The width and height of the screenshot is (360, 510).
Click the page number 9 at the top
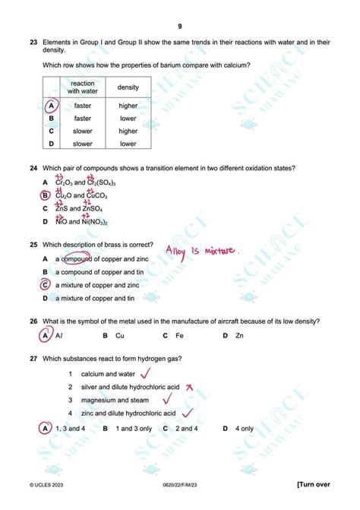180,26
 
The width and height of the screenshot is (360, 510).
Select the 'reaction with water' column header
83,87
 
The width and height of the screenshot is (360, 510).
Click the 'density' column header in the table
128,87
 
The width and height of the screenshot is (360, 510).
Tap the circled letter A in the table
51,106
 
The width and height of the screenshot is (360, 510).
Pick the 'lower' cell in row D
128,144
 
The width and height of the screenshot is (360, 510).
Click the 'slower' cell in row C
83,131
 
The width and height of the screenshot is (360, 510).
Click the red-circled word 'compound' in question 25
76,258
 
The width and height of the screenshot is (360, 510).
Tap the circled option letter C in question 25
46,285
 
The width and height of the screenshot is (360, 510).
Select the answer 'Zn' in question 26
239,335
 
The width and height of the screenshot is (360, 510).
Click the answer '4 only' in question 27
245,428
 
